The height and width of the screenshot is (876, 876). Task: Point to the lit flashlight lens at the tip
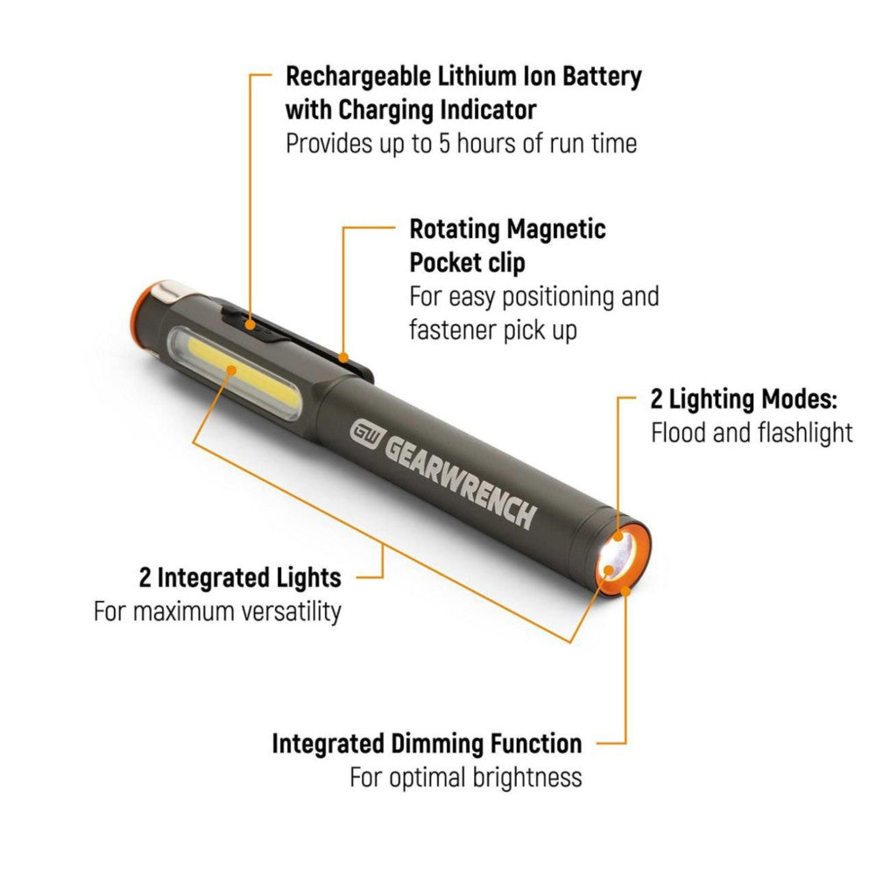coord(614,562)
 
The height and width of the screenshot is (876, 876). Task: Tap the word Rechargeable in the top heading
coord(362,77)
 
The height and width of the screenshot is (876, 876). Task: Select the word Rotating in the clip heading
coord(454,230)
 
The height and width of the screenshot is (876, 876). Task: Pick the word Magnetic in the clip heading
coord(557,230)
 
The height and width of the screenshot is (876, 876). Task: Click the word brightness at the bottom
coord(524,777)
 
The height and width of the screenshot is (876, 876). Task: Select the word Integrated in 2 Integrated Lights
coord(213,578)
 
